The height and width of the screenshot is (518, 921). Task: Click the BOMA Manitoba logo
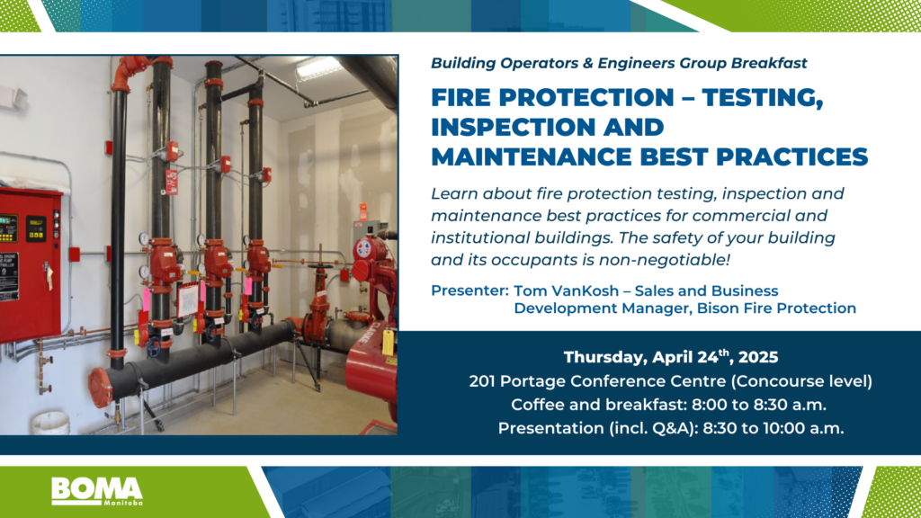(x=97, y=491)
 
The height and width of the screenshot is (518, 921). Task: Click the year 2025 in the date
(x=758, y=357)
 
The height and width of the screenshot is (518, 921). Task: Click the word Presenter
(x=469, y=290)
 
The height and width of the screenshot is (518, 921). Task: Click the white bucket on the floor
(x=50, y=423)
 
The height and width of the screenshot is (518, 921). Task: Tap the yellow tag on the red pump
(x=388, y=342)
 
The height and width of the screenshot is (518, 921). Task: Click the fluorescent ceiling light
(x=317, y=67)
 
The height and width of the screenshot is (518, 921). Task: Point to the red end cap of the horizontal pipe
(x=100, y=388)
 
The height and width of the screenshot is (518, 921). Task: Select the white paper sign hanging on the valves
(x=187, y=300)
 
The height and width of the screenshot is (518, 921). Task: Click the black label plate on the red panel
(x=9, y=276)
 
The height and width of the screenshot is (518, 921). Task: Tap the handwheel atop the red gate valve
(x=320, y=269)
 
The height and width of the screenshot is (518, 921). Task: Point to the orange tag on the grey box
(x=363, y=211)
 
